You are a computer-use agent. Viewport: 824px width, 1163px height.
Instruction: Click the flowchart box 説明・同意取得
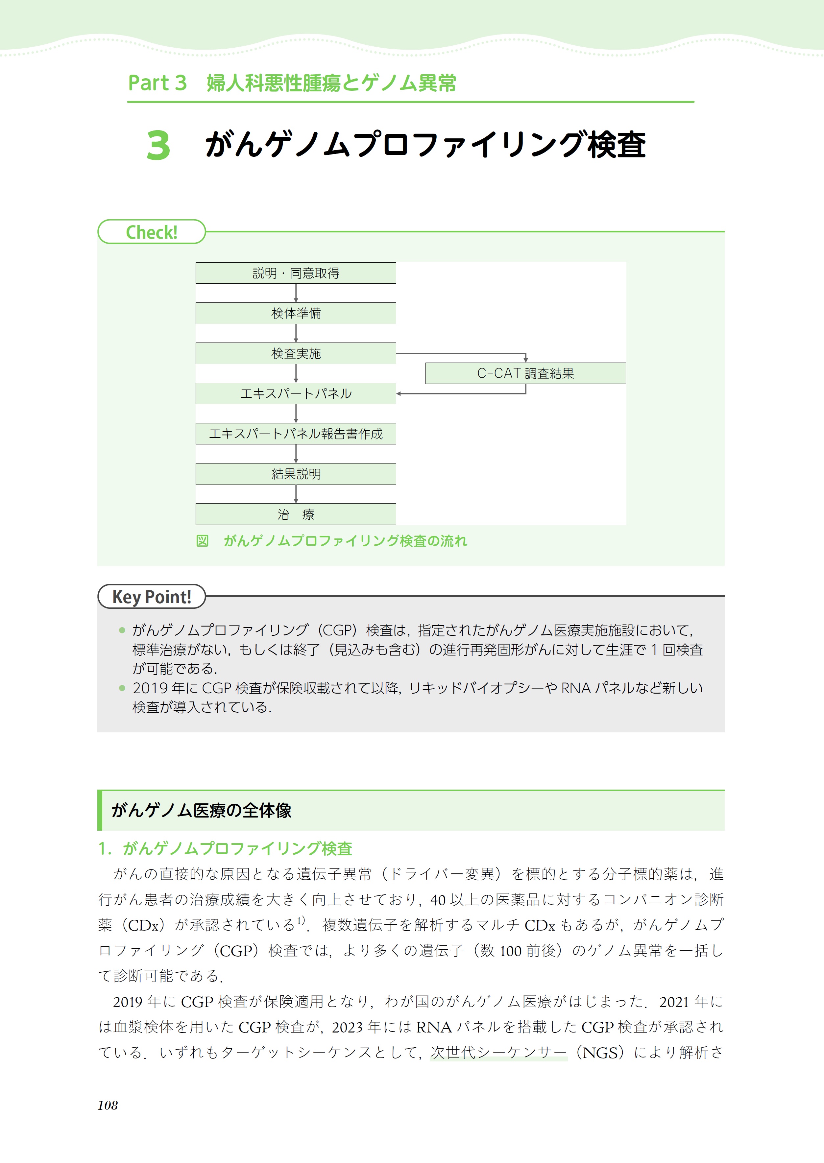pyautogui.click(x=296, y=273)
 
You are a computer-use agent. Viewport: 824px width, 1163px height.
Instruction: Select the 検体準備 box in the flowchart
pyautogui.click(x=296, y=313)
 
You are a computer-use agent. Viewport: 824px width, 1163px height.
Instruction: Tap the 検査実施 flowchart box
pyautogui.click(x=296, y=353)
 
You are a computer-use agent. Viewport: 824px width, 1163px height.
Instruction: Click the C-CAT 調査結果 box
pyautogui.click(x=525, y=373)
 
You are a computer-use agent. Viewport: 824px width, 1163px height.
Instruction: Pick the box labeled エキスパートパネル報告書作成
pyautogui.click(x=296, y=434)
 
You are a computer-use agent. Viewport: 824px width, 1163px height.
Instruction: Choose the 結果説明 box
pyautogui.click(x=296, y=474)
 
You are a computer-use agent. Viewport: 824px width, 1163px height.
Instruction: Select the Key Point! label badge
pyautogui.click(x=151, y=597)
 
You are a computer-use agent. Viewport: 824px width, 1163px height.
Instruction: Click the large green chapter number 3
pyautogui.click(x=158, y=146)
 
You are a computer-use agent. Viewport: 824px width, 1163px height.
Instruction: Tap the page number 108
pyautogui.click(x=108, y=1105)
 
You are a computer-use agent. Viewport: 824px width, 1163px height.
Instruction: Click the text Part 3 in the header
pyautogui.click(x=157, y=83)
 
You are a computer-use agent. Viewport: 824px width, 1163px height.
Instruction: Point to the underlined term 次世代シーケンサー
pyautogui.click(x=498, y=1053)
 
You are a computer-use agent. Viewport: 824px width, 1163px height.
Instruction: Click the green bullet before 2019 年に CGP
pyautogui.click(x=122, y=688)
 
